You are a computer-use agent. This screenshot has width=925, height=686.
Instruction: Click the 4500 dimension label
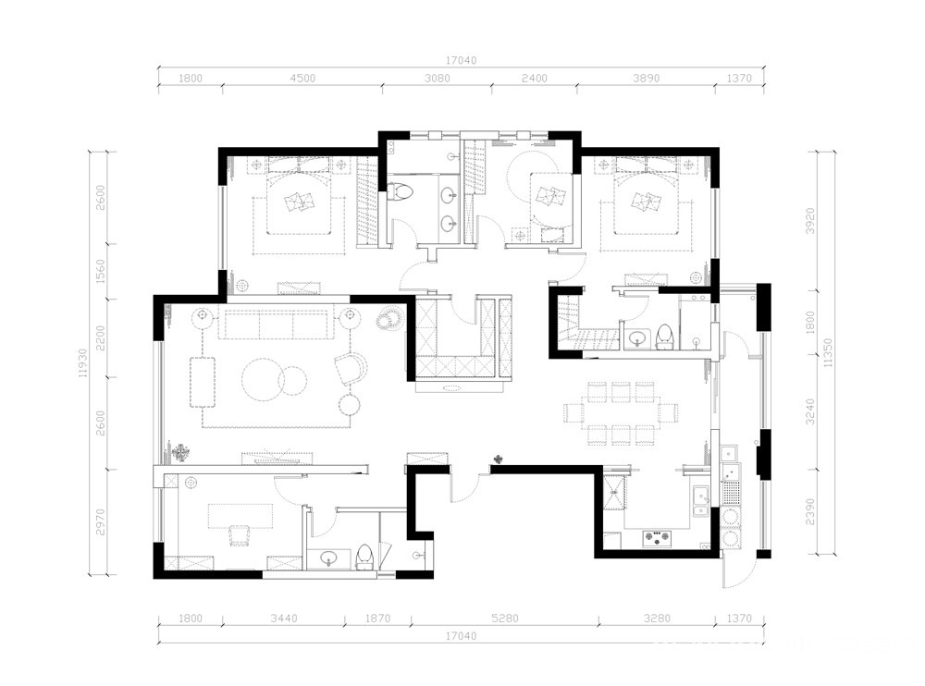point(302,78)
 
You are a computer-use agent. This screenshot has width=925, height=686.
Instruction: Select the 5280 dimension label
point(505,619)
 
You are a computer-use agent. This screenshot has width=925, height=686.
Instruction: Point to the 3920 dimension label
point(810,221)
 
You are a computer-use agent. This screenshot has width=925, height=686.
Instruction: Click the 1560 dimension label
point(100,271)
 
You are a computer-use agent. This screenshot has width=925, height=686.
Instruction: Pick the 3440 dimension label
point(284,619)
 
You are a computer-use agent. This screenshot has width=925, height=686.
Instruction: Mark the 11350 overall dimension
point(829,353)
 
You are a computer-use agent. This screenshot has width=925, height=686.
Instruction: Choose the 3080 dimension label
point(438,78)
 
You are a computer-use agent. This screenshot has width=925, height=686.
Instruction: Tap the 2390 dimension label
point(810,512)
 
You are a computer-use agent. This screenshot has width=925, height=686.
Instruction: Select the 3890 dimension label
point(646,78)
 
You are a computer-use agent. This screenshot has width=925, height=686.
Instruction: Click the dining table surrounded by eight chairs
point(621,413)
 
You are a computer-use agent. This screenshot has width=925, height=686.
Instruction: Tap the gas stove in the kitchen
point(657,537)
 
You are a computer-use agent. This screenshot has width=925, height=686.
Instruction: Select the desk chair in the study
point(239,535)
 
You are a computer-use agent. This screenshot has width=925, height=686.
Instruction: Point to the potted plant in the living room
point(179,453)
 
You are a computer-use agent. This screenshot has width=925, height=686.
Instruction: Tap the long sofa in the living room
point(277,322)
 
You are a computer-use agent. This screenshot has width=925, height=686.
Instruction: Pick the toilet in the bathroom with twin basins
point(401,191)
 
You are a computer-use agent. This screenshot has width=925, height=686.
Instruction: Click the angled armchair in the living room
point(351,368)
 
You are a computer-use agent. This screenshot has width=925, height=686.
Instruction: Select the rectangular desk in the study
point(240,516)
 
